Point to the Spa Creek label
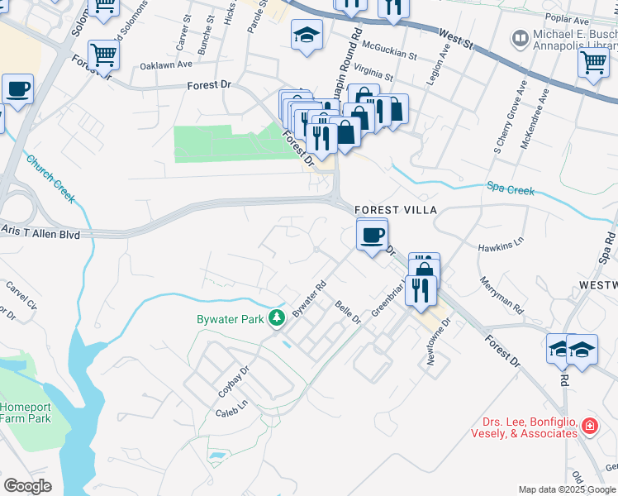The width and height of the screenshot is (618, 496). [510, 189]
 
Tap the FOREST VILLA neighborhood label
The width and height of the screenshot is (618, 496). [389, 210]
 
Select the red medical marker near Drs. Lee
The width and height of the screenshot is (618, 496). [590, 427]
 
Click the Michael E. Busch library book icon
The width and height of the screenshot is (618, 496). [521, 37]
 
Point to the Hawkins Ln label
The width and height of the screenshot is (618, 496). [501, 247]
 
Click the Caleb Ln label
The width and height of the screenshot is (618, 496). [231, 408]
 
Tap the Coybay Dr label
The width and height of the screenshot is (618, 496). [234, 382]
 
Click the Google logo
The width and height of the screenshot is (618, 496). [27, 486]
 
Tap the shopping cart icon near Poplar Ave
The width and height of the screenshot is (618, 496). [592, 61]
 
